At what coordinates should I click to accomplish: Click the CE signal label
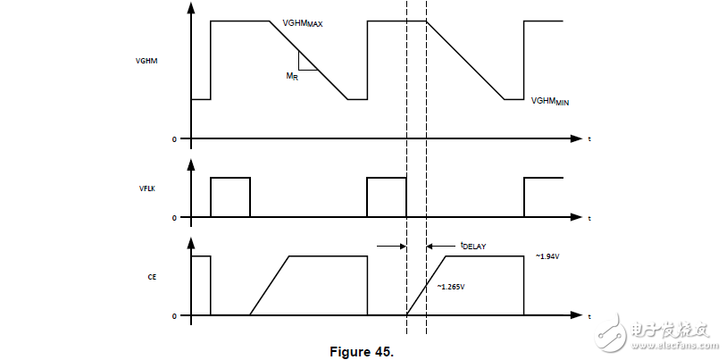[x=152, y=277]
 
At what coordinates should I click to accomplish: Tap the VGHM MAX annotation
[x=303, y=23]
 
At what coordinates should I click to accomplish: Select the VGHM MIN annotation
[x=550, y=101]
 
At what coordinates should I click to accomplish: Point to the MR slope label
[x=292, y=77]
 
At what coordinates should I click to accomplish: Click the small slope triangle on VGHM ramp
[x=305, y=62]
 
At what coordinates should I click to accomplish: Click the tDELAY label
[x=472, y=246]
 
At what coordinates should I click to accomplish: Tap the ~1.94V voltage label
[x=548, y=256]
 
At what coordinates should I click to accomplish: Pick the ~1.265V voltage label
[x=451, y=287]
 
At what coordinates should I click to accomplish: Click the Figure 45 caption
[x=362, y=351]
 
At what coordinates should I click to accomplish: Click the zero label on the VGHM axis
[x=174, y=139]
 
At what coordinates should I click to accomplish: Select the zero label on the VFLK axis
[x=174, y=217]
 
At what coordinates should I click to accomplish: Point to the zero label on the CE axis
[x=174, y=316]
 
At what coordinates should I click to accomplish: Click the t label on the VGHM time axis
[x=589, y=139]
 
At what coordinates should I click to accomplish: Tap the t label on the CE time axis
[x=589, y=316]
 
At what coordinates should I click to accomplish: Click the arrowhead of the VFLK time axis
[x=576, y=217]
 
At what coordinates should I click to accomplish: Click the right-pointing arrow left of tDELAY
[x=392, y=246]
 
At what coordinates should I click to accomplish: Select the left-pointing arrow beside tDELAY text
[x=441, y=246]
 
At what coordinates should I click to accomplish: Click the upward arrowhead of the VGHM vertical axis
[x=191, y=7]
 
